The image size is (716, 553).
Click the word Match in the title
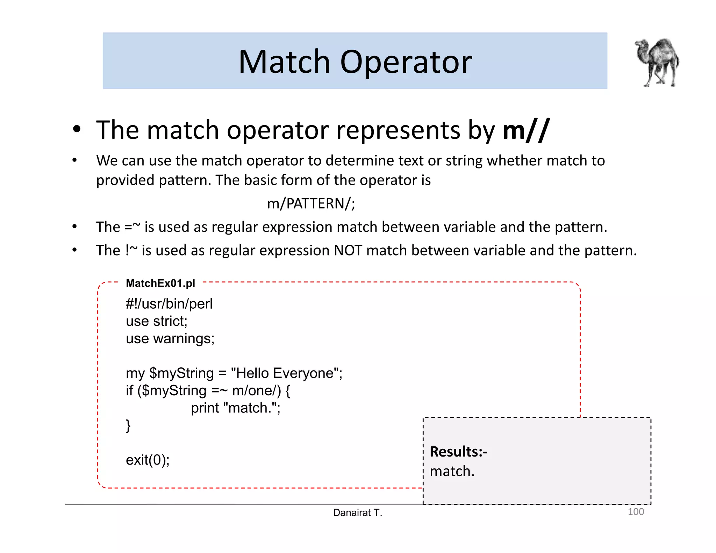tap(284, 62)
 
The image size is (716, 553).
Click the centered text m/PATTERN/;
tap(311, 203)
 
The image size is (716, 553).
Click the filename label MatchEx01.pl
tap(160, 283)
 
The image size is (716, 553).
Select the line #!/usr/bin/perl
tap(169, 304)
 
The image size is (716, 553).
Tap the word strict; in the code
tap(170, 321)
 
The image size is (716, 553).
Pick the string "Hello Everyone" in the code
tap(285, 373)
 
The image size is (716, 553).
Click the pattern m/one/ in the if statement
tap(256, 390)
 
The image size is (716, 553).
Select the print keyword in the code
tap(205, 408)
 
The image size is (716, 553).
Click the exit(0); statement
tap(148, 460)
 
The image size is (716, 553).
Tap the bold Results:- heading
tap(458, 452)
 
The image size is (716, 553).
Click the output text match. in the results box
tap(452, 471)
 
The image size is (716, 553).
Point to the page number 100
tap(636, 512)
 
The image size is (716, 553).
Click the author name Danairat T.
tap(358, 513)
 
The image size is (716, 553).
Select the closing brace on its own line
tap(128, 425)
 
